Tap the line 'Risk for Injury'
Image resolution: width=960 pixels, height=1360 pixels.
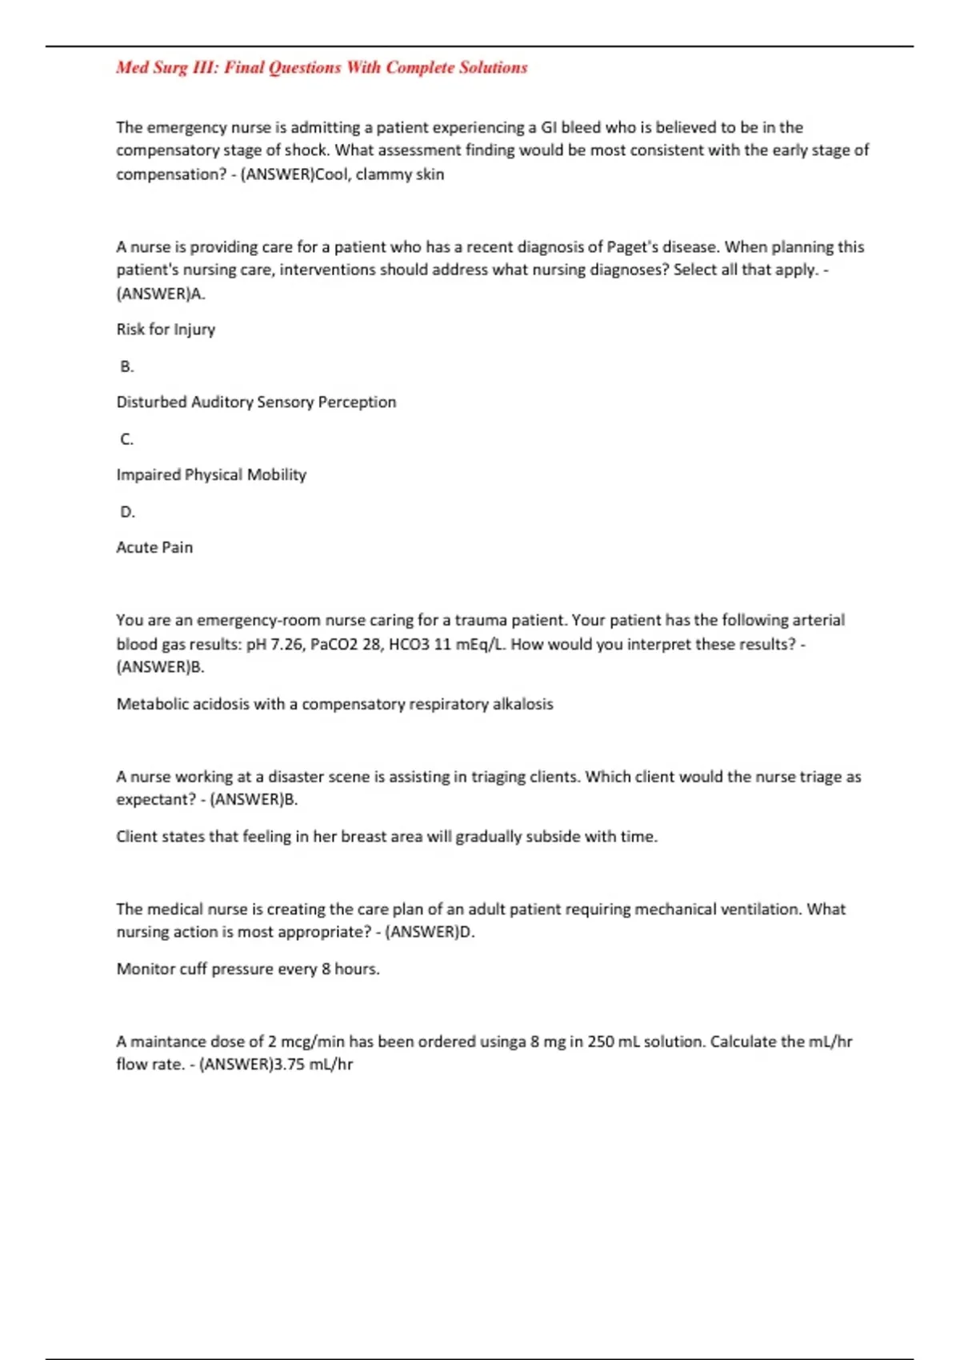pyautogui.click(x=166, y=330)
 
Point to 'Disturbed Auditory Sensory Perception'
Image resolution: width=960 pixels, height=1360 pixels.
pyautogui.click(x=256, y=402)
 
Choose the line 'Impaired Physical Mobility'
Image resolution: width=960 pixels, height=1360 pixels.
pyautogui.click(x=211, y=475)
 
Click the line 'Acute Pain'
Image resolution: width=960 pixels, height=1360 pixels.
pyautogui.click(x=154, y=548)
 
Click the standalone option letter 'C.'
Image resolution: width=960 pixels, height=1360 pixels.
pyautogui.click(x=127, y=439)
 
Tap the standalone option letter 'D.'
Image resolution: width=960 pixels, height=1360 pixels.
pyautogui.click(x=127, y=512)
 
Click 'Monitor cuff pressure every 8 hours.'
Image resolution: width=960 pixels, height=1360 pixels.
pyautogui.click(x=248, y=970)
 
